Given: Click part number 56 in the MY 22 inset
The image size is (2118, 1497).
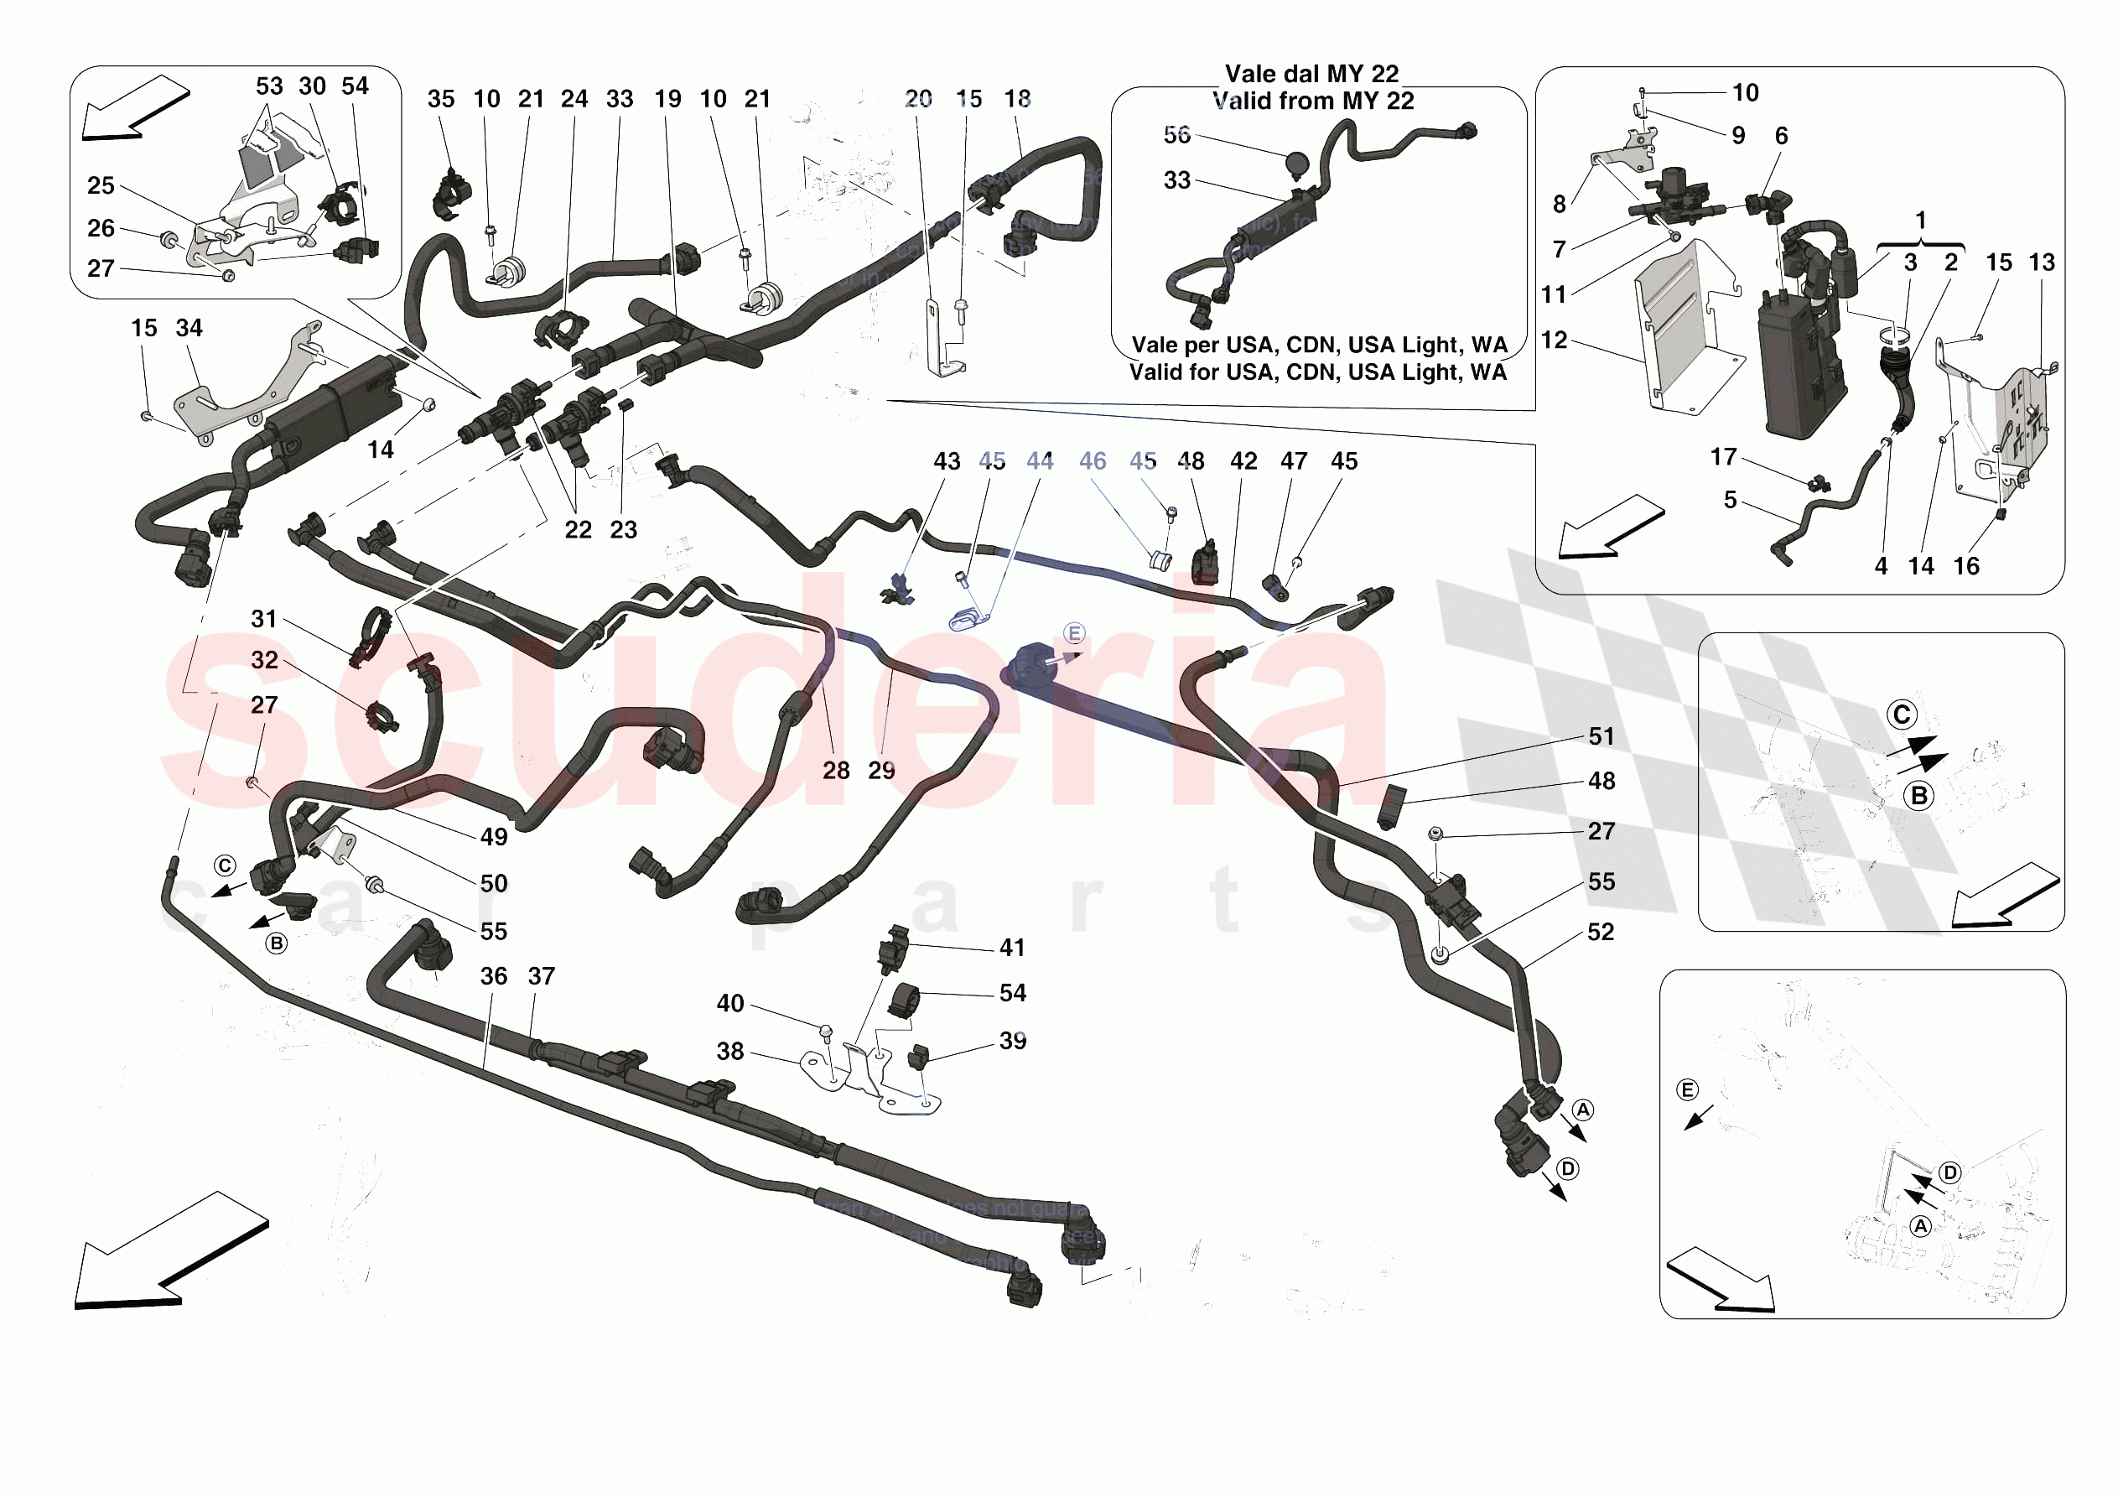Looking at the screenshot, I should pyautogui.click(x=1176, y=135).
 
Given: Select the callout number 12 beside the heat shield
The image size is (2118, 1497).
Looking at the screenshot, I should pyautogui.click(x=1555, y=340).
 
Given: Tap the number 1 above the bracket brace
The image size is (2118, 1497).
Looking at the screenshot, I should pyautogui.click(x=1921, y=220).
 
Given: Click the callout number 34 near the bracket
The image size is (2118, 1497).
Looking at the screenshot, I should pyautogui.click(x=189, y=328).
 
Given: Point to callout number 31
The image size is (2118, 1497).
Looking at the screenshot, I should pyautogui.click(x=264, y=618).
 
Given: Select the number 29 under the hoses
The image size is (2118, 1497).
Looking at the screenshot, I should pyautogui.click(x=881, y=770).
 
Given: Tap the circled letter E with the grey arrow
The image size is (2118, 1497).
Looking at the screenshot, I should pyautogui.click(x=1074, y=633).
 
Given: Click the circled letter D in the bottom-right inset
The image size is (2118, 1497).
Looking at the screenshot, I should pyautogui.click(x=1949, y=1172).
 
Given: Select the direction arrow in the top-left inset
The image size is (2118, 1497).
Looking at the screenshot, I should pyautogui.click(x=135, y=108).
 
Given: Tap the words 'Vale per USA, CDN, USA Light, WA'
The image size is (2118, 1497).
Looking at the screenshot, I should pyautogui.click(x=1318, y=346).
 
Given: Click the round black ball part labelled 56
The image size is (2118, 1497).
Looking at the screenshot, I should pyautogui.click(x=1297, y=164).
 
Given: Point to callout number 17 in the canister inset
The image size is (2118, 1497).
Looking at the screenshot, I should pyautogui.click(x=1723, y=457).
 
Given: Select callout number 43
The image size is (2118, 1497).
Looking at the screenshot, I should pyautogui.click(x=947, y=460).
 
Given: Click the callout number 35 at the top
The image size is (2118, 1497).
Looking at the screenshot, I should pyautogui.click(x=441, y=99).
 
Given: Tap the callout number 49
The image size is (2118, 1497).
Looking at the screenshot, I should pyautogui.click(x=494, y=836).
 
